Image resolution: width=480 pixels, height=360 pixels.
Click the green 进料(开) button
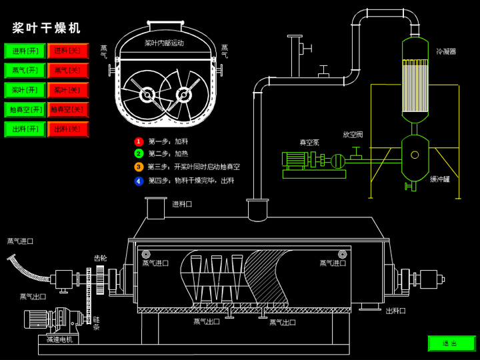point(25,51)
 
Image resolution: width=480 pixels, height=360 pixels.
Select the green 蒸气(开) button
point(25,70)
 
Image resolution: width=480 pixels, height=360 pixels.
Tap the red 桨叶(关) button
point(67,90)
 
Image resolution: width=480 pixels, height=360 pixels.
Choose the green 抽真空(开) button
point(25,109)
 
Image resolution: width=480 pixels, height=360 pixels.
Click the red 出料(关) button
point(67,129)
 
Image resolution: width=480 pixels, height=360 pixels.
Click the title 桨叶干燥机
point(47,28)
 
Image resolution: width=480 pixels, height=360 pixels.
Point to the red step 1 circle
point(139,141)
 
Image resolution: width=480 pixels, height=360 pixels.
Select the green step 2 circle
point(139,154)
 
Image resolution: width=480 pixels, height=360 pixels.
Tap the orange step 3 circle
point(139,167)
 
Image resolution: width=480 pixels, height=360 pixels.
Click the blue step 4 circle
point(139,180)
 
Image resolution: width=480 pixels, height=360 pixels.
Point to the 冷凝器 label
point(446,51)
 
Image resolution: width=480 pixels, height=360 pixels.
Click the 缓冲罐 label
point(440,179)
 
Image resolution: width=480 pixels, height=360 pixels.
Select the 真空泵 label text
point(309,142)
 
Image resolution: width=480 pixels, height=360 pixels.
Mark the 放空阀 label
point(353,135)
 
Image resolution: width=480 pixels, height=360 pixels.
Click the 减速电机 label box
point(59,339)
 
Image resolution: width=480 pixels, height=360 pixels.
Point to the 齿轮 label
point(100,258)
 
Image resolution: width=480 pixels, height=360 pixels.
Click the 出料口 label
point(395,311)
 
